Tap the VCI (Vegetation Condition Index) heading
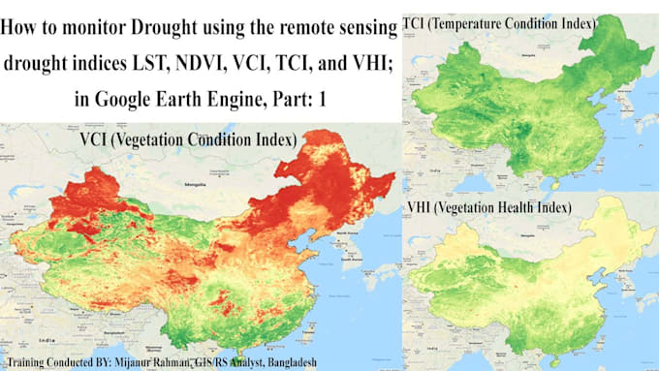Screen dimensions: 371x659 (188, 140)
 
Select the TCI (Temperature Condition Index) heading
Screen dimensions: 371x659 (502, 21)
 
